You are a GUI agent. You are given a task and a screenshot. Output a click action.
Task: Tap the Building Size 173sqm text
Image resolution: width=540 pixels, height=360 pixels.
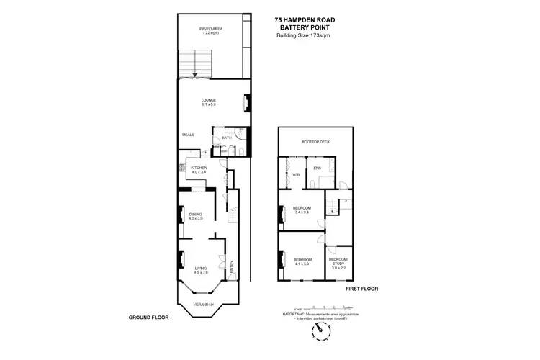point(302,36)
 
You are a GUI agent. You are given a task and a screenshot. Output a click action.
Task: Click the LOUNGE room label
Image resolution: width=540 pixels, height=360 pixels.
point(209,99)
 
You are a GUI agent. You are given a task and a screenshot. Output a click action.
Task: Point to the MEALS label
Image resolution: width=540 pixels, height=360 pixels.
point(189,135)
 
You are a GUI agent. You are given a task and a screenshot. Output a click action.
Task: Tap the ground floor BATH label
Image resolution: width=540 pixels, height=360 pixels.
point(226,138)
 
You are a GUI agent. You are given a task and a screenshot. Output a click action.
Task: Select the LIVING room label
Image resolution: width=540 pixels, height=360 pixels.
point(200,268)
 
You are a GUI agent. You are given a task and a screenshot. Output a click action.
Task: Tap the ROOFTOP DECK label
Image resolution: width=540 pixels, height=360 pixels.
point(315,143)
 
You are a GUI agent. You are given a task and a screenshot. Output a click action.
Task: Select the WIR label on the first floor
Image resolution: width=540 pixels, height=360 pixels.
point(296,175)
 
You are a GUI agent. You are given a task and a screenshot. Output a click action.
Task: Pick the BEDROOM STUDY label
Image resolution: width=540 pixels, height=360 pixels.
point(338,261)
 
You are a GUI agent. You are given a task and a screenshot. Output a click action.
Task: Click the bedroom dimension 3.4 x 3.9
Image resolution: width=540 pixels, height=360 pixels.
point(302,212)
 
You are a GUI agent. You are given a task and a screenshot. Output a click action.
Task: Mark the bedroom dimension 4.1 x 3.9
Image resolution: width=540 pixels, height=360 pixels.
point(302,264)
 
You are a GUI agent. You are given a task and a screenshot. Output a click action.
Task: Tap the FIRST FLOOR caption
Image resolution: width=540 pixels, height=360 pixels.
point(361,289)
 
